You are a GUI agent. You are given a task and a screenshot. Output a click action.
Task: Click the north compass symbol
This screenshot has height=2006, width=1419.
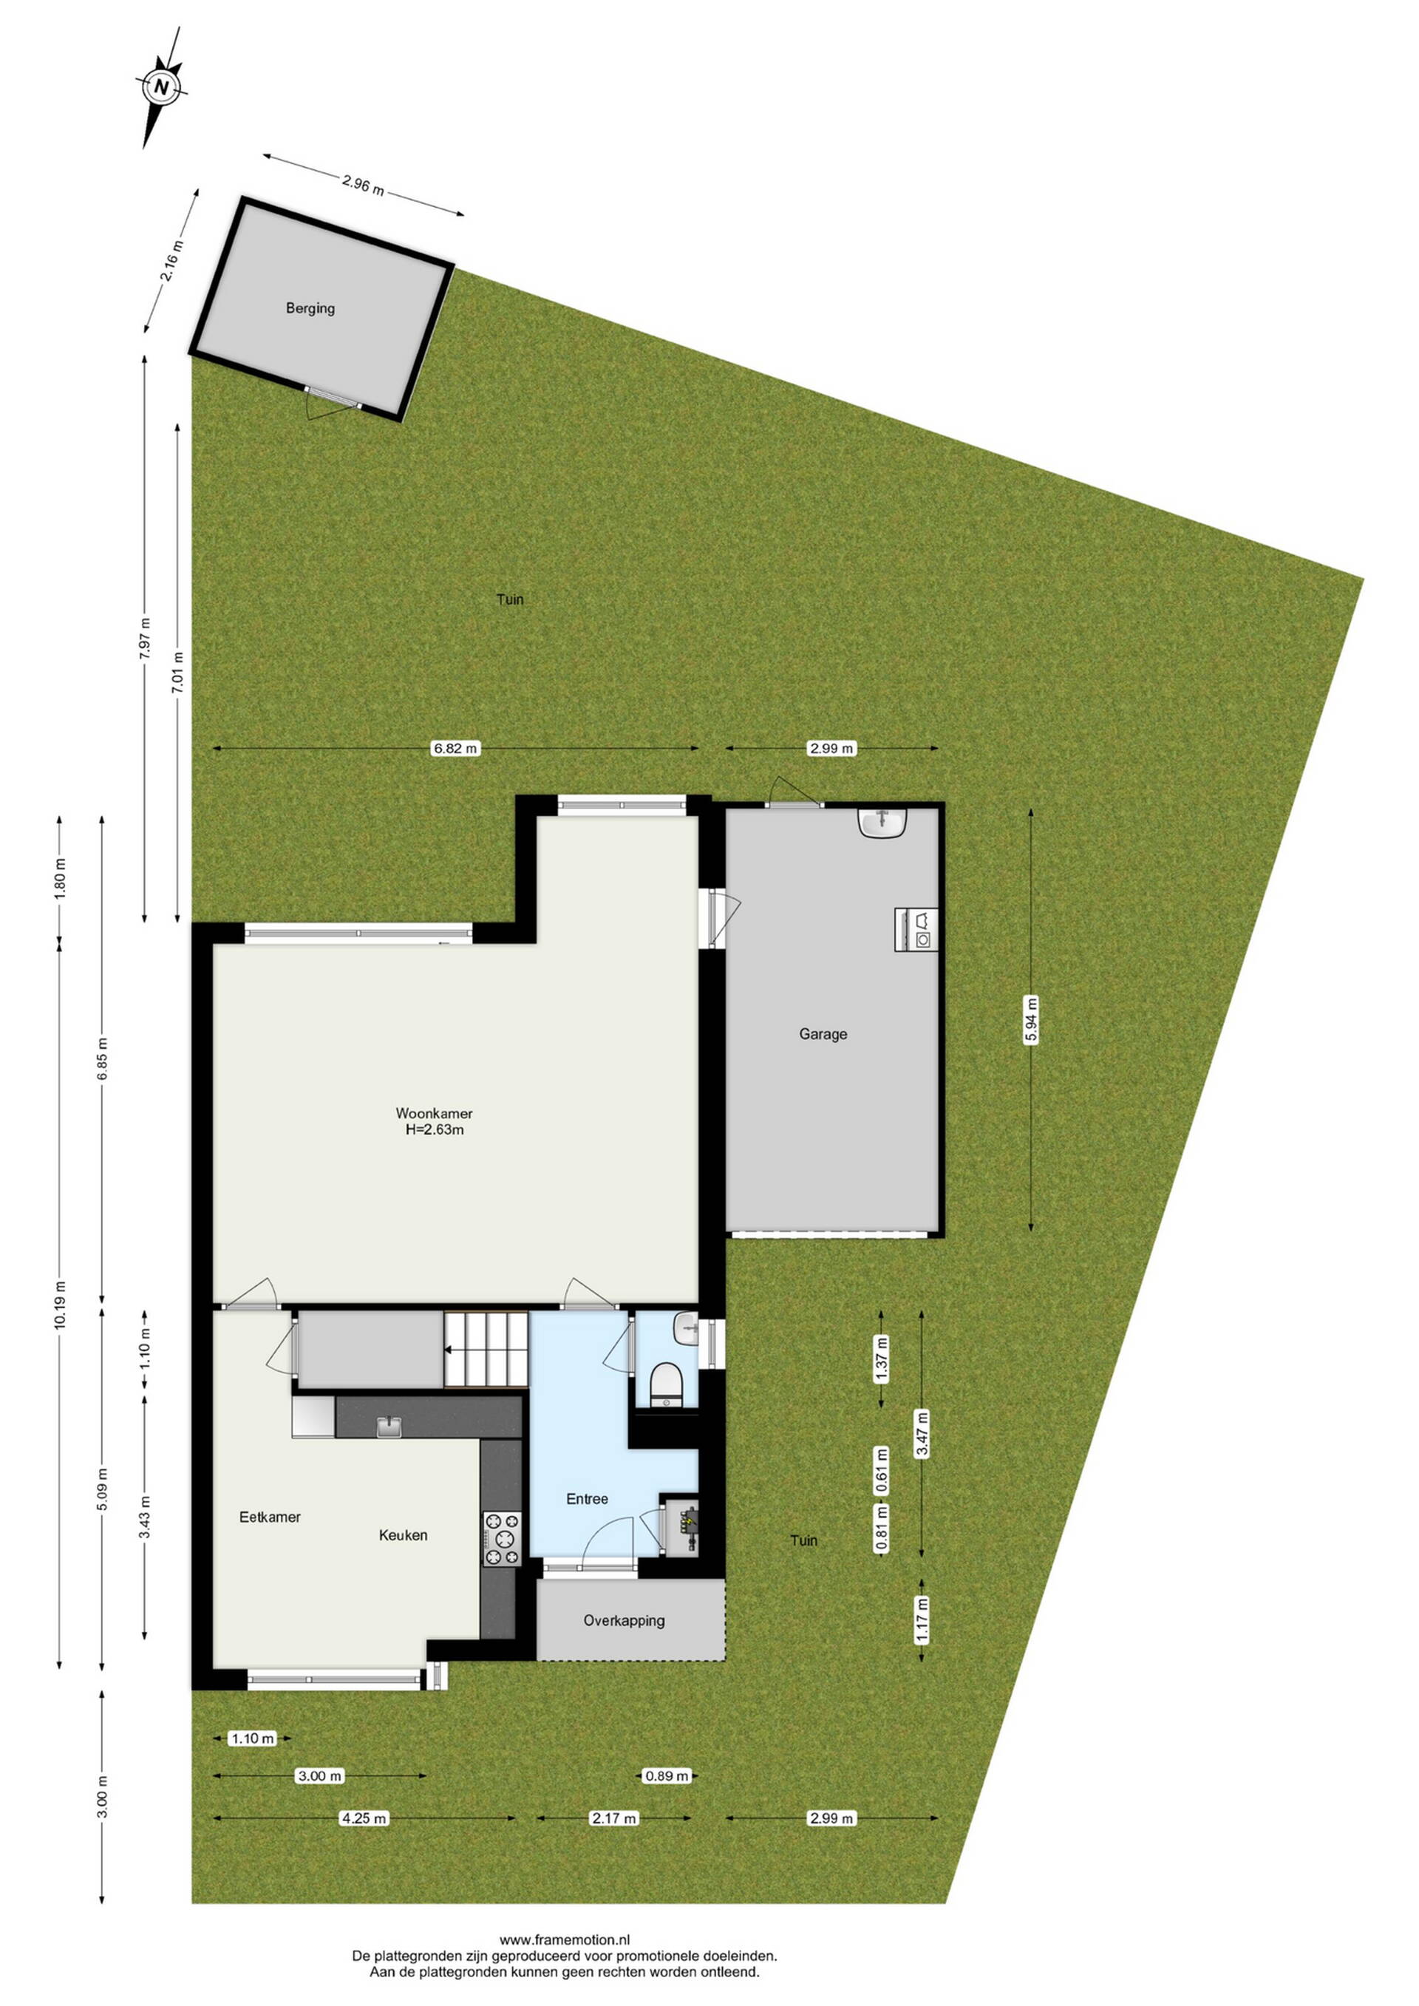(162, 86)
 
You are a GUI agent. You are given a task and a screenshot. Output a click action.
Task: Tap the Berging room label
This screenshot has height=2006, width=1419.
(310, 308)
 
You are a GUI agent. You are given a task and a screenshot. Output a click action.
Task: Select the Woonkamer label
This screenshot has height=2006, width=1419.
(435, 1113)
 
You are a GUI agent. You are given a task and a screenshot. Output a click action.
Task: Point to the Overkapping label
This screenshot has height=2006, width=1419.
(624, 1621)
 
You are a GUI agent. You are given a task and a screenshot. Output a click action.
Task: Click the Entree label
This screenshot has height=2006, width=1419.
(587, 1499)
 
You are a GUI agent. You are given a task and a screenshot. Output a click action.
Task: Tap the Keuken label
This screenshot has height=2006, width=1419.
(403, 1535)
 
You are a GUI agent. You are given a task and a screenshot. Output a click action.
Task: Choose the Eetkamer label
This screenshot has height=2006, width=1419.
(270, 1517)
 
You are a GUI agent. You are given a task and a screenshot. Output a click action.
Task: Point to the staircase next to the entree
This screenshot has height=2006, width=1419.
(487, 1349)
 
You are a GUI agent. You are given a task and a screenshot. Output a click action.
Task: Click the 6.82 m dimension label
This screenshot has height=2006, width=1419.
(456, 748)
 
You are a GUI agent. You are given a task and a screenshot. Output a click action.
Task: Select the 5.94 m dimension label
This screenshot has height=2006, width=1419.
(1031, 1019)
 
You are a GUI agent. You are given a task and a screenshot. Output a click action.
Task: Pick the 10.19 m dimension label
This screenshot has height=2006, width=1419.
(59, 1305)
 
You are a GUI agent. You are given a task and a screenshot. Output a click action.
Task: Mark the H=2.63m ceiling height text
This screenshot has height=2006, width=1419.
(435, 1129)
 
